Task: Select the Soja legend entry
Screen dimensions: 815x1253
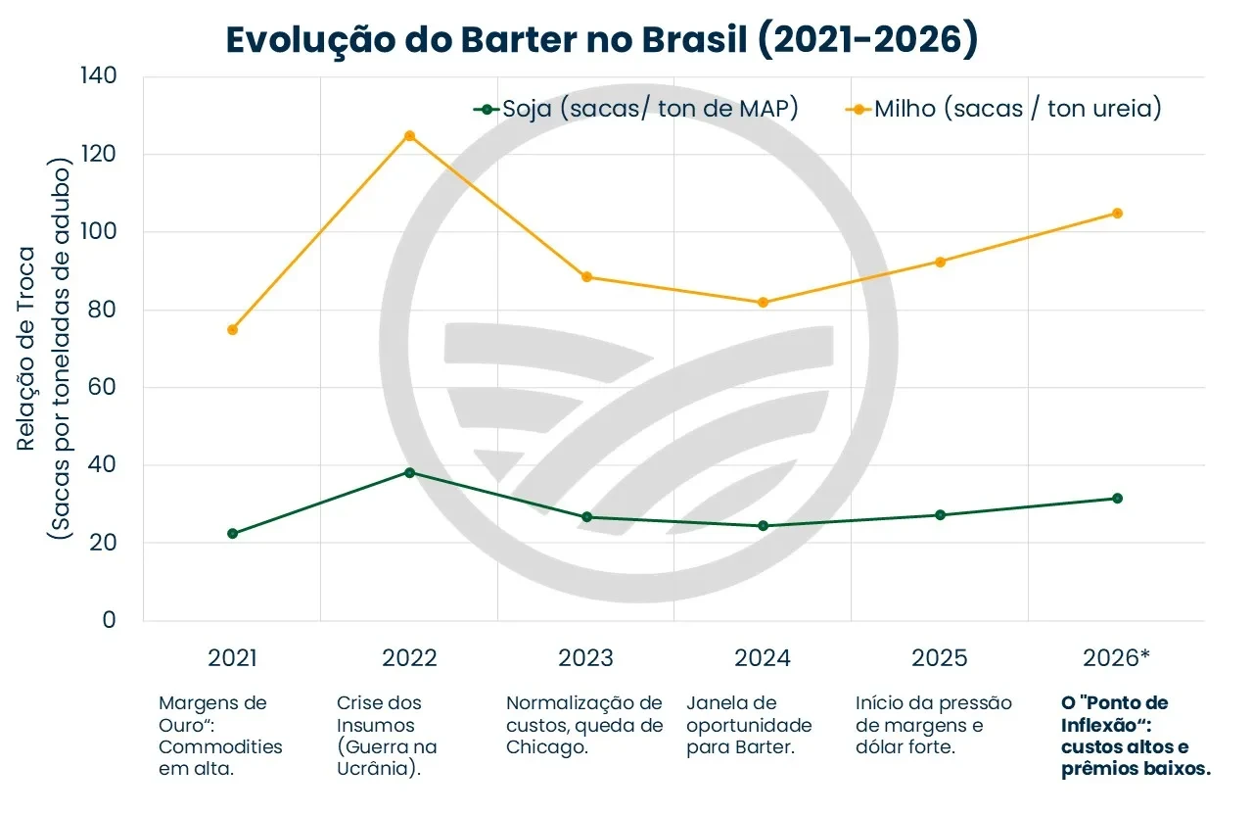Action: (x=636, y=109)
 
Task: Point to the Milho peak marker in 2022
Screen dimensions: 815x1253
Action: (x=409, y=136)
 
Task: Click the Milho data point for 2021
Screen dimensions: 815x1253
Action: (x=232, y=330)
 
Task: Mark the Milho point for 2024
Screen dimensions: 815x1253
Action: (x=764, y=303)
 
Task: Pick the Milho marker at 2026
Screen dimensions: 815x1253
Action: (x=1117, y=214)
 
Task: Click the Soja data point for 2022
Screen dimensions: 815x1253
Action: (x=409, y=472)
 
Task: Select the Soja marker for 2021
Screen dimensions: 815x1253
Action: (x=232, y=534)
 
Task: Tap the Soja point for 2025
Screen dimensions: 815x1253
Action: (x=941, y=515)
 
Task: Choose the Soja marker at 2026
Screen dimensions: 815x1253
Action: (x=1117, y=499)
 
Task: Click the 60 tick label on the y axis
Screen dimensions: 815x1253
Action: (x=101, y=387)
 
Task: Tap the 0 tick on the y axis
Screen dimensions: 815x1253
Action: (x=108, y=620)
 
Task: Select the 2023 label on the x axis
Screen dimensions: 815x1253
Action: (x=585, y=657)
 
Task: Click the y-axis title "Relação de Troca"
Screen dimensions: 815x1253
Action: (x=27, y=349)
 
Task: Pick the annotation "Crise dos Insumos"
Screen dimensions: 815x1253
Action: (x=387, y=736)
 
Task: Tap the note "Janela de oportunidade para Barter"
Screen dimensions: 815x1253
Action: (x=749, y=726)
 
